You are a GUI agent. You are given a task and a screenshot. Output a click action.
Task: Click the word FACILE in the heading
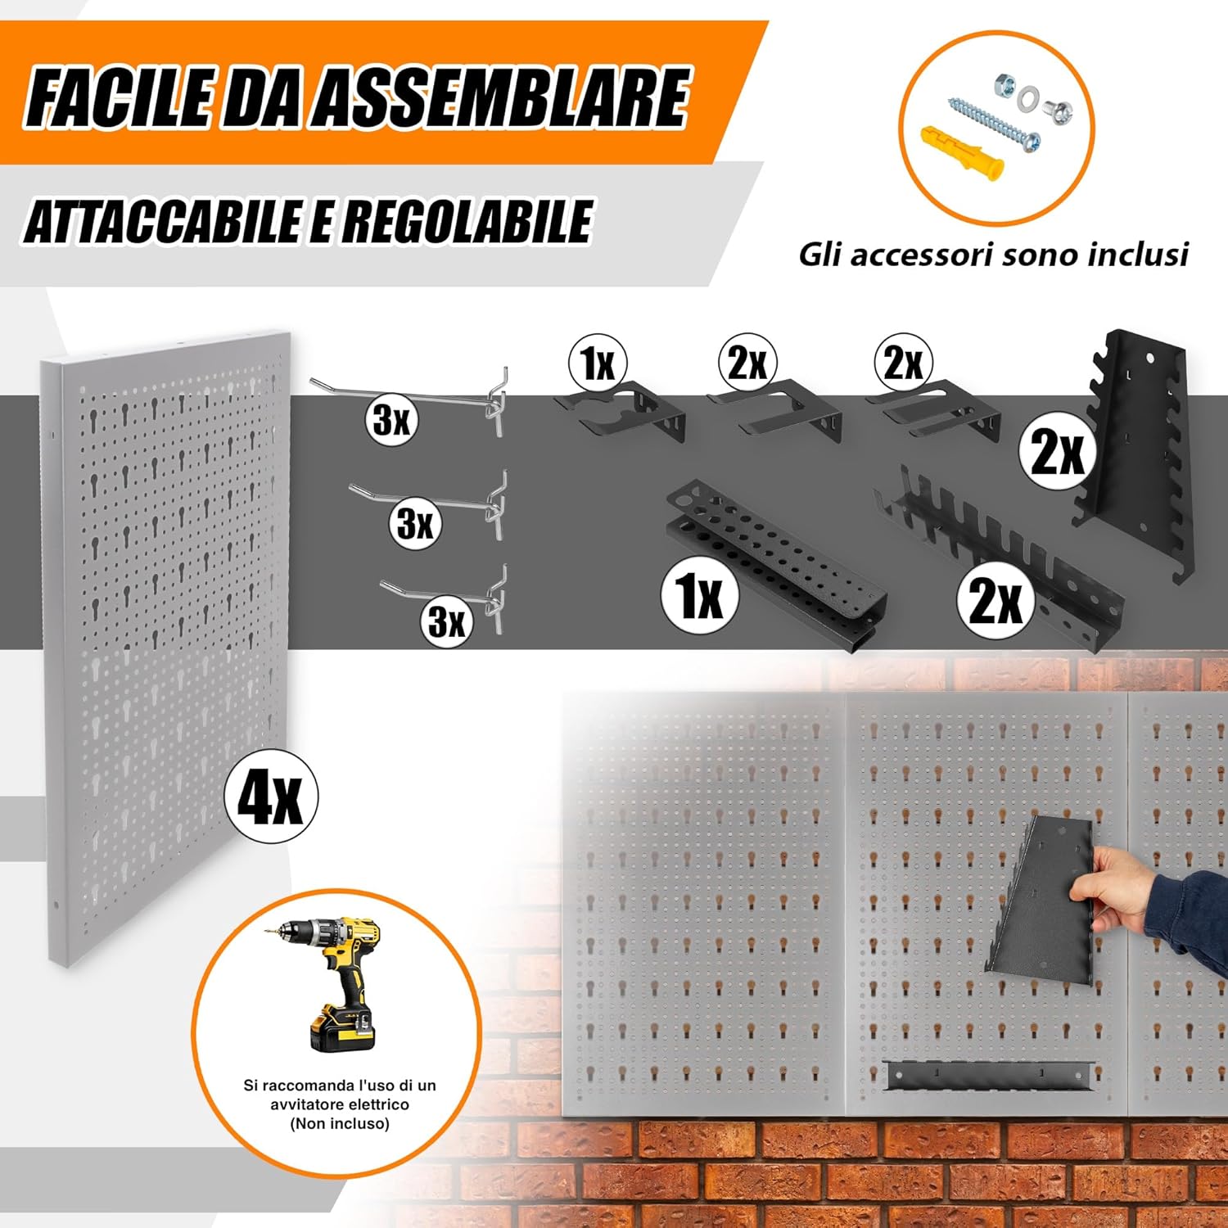pyautogui.click(x=119, y=98)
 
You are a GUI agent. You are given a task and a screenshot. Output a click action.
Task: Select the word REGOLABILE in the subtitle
pyautogui.click(x=467, y=221)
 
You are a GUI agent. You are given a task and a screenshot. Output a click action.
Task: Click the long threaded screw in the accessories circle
pyautogui.click(x=994, y=123)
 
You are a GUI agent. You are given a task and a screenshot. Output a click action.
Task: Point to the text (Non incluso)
pyautogui.click(x=340, y=1123)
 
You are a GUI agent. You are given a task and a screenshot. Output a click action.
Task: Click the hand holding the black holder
pyautogui.click(x=1122, y=888)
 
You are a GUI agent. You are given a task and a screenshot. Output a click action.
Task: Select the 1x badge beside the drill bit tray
pyautogui.click(x=700, y=595)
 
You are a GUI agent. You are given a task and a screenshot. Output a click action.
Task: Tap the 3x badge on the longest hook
pyautogui.click(x=391, y=420)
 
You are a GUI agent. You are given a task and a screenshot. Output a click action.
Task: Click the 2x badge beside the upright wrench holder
pyautogui.click(x=1057, y=450)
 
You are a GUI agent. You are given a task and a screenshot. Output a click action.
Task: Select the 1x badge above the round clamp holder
pyautogui.click(x=598, y=363)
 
